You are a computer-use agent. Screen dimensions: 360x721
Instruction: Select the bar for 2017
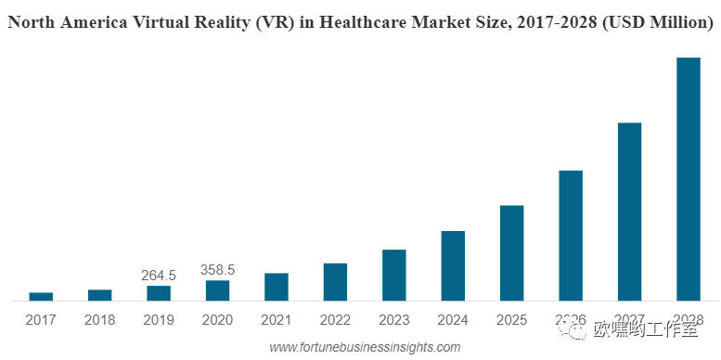tap(41, 296)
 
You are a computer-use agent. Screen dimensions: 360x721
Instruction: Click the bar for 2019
tap(159, 292)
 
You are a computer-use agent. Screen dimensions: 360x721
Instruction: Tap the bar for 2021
tap(277, 287)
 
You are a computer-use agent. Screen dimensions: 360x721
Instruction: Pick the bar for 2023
tap(394, 275)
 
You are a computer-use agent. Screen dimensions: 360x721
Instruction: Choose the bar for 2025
tap(512, 252)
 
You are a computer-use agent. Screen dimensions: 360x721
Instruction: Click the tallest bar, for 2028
tap(689, 179)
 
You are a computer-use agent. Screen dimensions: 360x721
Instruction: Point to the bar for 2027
tap(630, 212)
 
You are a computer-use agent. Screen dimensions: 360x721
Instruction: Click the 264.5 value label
tap(159, 276)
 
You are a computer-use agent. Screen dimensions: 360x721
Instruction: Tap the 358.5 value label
tap(217, 270)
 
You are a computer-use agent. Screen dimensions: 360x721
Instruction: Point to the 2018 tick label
tap(99, 320)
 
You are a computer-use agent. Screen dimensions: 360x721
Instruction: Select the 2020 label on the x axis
tap(217, 320)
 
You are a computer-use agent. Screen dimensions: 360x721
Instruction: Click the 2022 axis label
tap(335, 320)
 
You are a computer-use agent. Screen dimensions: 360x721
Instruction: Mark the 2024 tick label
tap(453, 320)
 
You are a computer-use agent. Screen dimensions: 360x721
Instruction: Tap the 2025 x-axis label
tap(512, 320)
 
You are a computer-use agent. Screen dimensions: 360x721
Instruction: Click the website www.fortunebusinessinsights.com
tap(365, 347)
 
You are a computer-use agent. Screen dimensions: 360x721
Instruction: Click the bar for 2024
tap(453, 265)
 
